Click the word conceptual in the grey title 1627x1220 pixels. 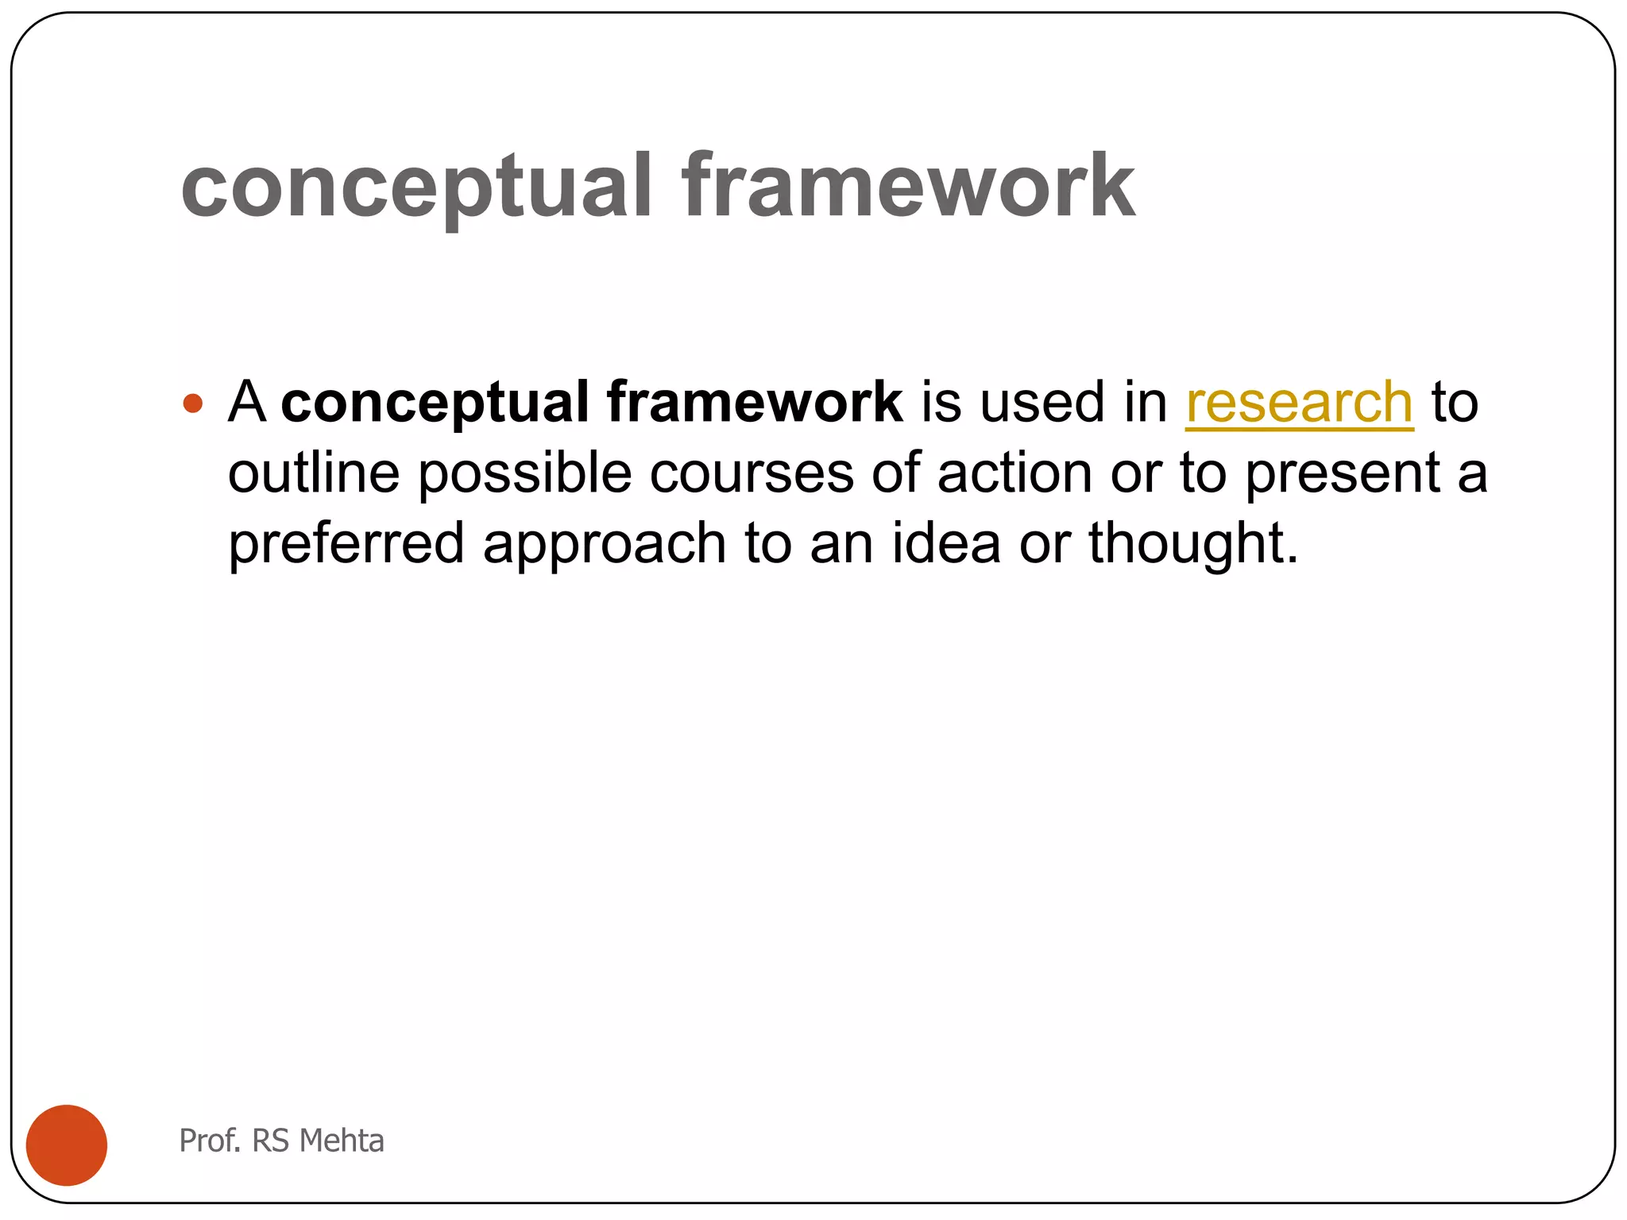(x=415, y=188)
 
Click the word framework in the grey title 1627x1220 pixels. (x=907, y=188)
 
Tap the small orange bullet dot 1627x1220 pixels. (x=193, y=403)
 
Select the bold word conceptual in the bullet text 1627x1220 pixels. (x=435, y=403)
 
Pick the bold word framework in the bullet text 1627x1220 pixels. (x=754, y=402)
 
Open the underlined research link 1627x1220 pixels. (x=1299, y=403)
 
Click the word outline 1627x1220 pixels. (x=313, y=473)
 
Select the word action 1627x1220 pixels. (x=1014, y=473)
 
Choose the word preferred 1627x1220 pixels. (x=346, y=545)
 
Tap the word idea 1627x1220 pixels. (x=945, y=543)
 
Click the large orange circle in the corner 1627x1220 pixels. (x=67, y=1145)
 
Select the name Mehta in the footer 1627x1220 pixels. (x=342, y=1141)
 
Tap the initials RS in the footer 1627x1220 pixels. (x=270, y=1141)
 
